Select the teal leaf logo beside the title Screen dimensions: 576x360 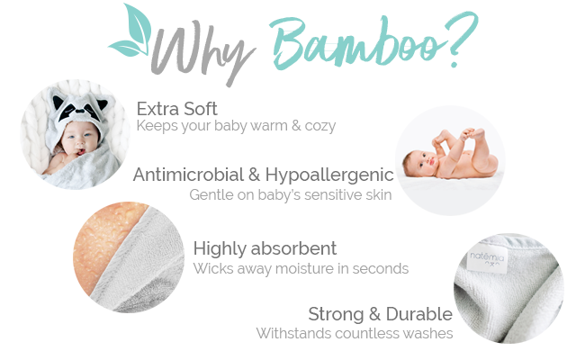pyautogui.click(x=131, y=31)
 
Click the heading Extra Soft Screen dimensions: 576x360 pyautogui.click(x=176, y=109)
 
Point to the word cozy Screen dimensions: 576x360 pyautogui.click(x=320, y=126)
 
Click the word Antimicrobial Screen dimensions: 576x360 pyautogui.click(x=188, y=175)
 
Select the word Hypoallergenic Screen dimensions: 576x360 pyautogui.click(x=329, y=175)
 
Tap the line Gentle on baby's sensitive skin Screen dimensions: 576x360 pyautogui.click(x=290, y=195)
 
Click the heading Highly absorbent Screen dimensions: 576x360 pyautogui.click(x=265, y=248)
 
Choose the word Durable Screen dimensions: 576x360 pyautogui.click(x=419, y=314)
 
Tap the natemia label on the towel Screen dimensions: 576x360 pyautogui.click(x=487, y=258)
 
